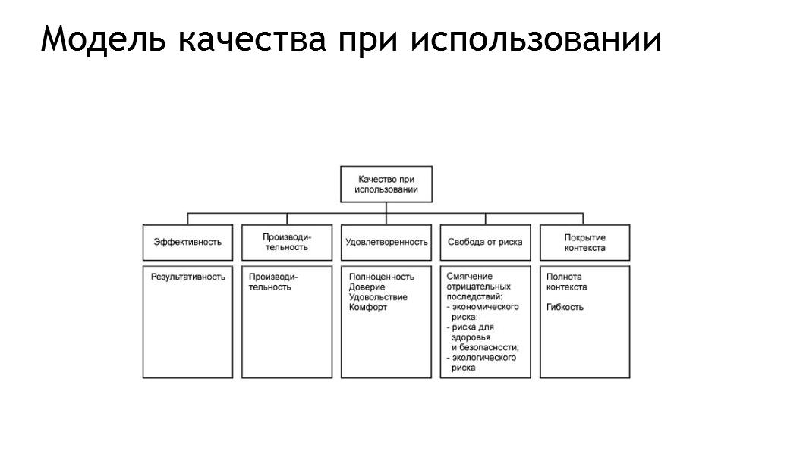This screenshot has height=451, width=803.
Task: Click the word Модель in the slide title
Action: [103, 39]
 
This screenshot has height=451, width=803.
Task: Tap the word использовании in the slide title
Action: [536, 39]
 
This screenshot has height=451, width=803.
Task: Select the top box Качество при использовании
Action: [386, 184]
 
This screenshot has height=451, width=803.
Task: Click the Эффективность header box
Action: [187, 243]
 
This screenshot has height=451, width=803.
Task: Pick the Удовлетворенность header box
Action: [386, 243]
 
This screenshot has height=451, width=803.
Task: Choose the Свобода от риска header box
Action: [486, 243]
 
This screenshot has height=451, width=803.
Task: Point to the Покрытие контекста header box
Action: [585, 243]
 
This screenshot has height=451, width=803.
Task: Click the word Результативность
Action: [188, 277]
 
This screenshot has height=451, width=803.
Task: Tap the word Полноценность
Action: [382, 277]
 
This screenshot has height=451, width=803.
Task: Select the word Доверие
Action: [367, 287]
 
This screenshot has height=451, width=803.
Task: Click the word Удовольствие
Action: [378, 297]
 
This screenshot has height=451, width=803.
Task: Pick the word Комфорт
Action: [367, 307]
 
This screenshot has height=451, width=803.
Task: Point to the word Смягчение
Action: [469, 277]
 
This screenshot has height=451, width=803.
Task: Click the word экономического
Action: [486, 307]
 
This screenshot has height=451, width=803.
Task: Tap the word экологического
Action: [484, 358]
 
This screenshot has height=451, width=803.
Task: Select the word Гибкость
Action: [565, 307]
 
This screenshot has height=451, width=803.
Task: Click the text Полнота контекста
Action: [566, 282]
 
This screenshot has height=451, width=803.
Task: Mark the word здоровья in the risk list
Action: [471, 337]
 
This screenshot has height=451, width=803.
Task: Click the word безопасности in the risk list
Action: [489, 348]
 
